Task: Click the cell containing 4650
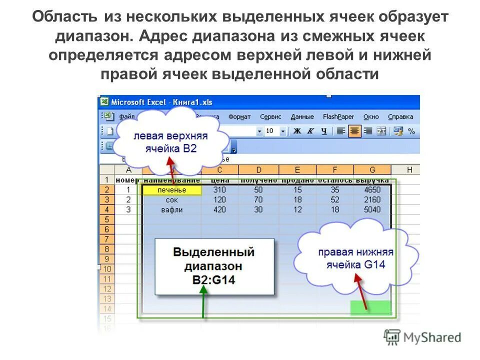(x=372, y=190)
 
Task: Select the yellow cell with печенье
(x=171, y=190)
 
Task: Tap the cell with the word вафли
(x=171, y=210)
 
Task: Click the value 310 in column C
(x=219, y=190)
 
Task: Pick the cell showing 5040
(x=372, y=210)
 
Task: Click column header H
(x=410, y=170)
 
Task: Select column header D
(x=258, y=170)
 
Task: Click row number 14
(x=107, y=308)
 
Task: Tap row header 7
(x=107, y=239)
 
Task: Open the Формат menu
(x=239, y=117)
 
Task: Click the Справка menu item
(x=400, y=117)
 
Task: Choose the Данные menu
(x=302, y=117)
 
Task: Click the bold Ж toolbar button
(x=297, y=131)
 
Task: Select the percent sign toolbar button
(x=411, y=131)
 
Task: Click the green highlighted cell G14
(x=370, y=308)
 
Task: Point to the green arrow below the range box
(x=203, y=305)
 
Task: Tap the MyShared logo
(x=422, y=337)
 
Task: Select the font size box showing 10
(x=270, y=131)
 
